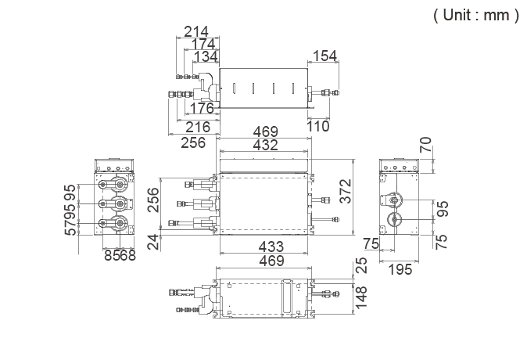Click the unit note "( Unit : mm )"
(475, 15)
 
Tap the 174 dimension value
(201, 45)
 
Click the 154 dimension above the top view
(324, 57)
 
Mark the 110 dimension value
(317, 126)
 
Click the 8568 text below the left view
(120, 254)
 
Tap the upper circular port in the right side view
(395, 201)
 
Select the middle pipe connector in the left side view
(117, 204)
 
